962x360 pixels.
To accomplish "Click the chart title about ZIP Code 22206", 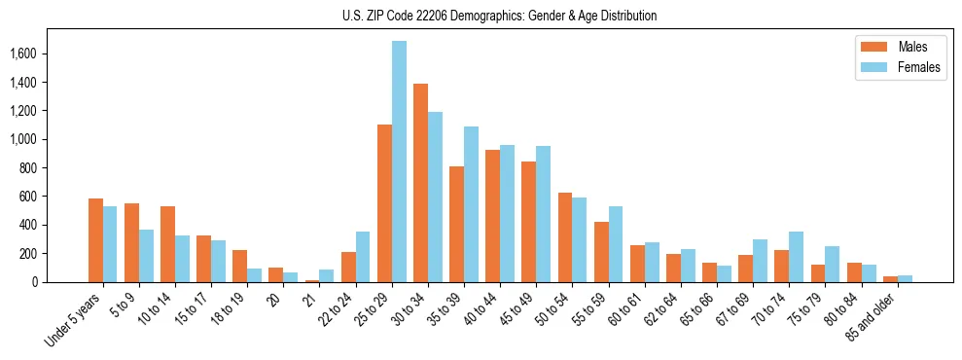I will tap(499, 16).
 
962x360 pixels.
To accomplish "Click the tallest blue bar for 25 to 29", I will tap(399, 162).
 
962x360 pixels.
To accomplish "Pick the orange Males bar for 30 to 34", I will tap(420, 183).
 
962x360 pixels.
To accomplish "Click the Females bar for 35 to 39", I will tap(471, 204).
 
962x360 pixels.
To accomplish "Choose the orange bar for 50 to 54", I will tap(565, 237).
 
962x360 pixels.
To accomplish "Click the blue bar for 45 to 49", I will tap(543, 214).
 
